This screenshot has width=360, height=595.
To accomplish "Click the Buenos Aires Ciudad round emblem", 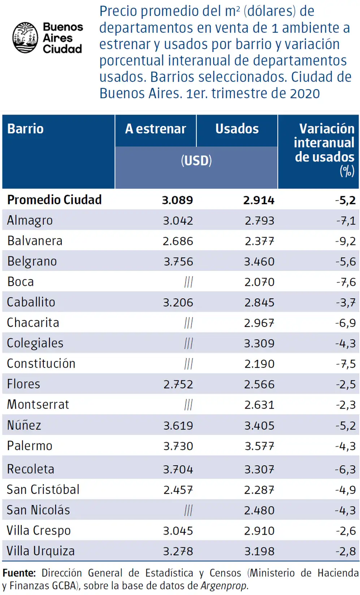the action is [x=25, y=38].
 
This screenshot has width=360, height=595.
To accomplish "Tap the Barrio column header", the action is [x=26, y=129].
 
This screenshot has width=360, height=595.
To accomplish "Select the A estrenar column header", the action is [x=156, y=129].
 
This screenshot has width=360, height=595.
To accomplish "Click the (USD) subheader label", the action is [x=196, y=161].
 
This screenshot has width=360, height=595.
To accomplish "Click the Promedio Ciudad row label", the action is [x=55, y=200].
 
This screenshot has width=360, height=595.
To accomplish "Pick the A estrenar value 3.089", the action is [x=177, y=200].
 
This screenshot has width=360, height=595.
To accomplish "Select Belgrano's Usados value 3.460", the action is [x=259, y=262].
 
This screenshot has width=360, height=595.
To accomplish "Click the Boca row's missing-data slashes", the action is [x=188, y=282].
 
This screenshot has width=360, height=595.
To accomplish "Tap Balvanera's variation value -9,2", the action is [x=346, y=241].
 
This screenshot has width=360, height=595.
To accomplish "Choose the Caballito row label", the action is [x=31, y=302].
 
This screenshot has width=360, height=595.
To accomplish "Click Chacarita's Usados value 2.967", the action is [x=259, y=323].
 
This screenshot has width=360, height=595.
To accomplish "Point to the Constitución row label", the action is [x=41, y=363].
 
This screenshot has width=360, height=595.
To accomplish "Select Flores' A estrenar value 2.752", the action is [x=178, y=384].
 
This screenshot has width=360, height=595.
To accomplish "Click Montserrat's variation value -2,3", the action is [x=346, y=405].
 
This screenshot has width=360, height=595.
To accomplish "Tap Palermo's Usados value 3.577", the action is [x=259, y=446].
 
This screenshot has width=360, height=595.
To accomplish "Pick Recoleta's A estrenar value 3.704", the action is [x=178, y=469].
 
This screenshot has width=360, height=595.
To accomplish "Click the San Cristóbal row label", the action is [x=43, y=489].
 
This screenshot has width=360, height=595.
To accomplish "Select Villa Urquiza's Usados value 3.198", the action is [x=259, y=551].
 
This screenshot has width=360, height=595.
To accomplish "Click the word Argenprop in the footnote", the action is [x=224, y=586].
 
